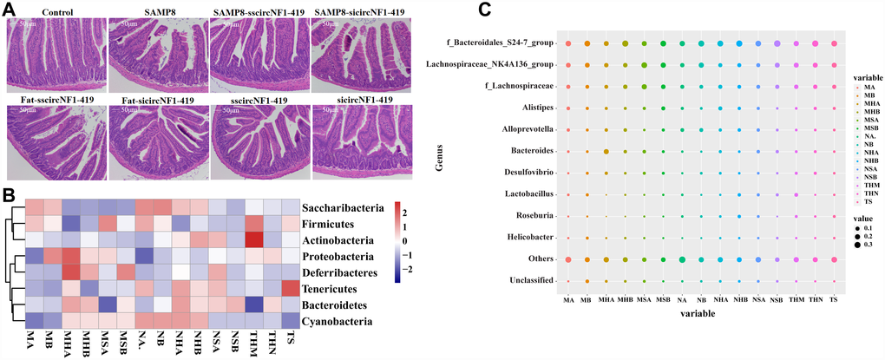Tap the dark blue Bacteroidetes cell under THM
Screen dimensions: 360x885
tap(254, 304)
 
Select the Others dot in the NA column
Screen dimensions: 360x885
tap(682, 259)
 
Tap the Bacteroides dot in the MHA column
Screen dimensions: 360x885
tap(606, 152)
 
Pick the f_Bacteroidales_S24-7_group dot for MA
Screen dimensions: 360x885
tap(568, 43)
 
